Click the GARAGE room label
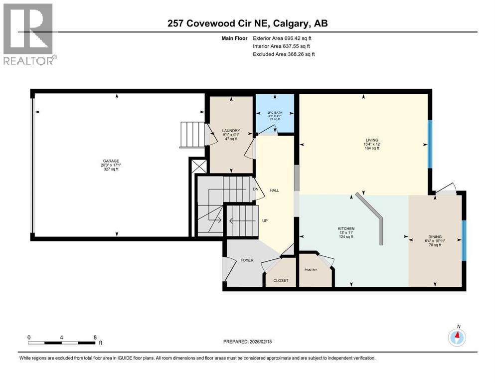110,161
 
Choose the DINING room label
435,237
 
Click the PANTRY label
311,269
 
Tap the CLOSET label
281,280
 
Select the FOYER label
247,260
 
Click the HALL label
274,191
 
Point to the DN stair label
256,189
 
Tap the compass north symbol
457,337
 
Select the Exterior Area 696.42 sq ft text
283,38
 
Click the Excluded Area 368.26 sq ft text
284,54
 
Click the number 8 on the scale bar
95,337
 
